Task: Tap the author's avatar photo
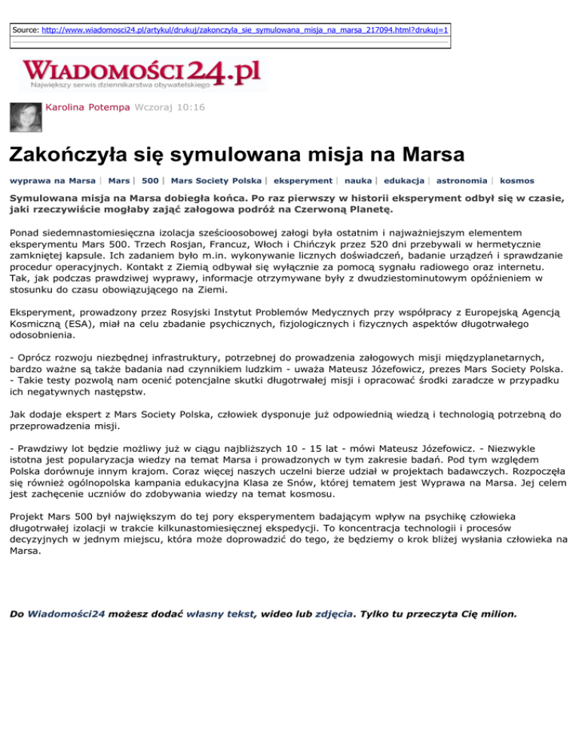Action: click(x=24, y=116)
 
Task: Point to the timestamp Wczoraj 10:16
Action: click(x=168, y=109)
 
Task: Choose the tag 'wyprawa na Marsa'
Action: click(x=52, y=181)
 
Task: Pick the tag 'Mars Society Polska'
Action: click(x=216, y=181)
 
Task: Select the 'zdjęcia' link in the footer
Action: click(x=334, y=614)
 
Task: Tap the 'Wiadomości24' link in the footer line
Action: click(x=66, y=614)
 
